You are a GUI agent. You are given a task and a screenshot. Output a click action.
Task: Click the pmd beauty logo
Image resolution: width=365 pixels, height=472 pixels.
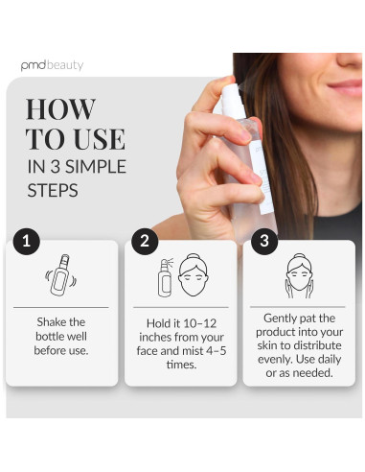pos(52,65)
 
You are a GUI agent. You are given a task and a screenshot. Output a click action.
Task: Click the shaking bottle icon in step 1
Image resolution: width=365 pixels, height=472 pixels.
pos(62,278)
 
